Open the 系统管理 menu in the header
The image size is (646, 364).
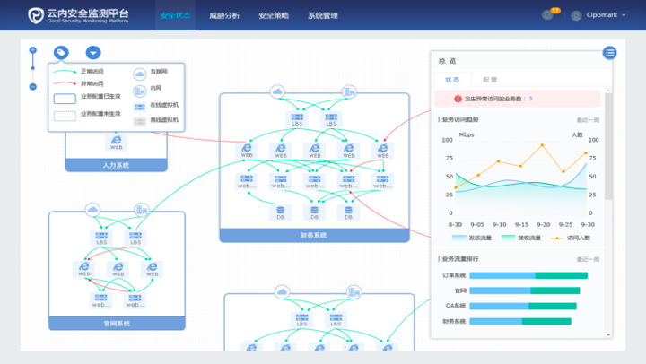(x=322, y=16)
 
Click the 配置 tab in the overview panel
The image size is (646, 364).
(x=490, y=80)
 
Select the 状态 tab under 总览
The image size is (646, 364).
(x=451, y=80)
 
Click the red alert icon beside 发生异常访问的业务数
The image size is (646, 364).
(x=457, y=99)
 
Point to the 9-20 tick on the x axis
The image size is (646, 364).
(x=544, y=224)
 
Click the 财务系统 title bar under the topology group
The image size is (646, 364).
(x=313, y=235)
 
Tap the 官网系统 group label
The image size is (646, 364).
(x=116, y=323)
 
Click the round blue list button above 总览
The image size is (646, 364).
(x=609, y=53)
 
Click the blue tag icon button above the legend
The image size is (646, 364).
(x=61, y=54)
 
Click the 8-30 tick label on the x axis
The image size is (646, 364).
(x=456, y=224)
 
